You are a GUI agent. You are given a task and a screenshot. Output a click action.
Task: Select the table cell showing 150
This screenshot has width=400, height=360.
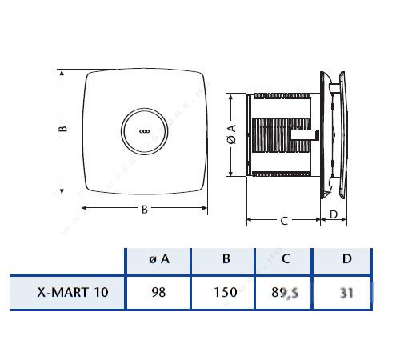point(226,292)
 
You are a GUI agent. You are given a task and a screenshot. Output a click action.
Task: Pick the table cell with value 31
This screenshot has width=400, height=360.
point(346,292)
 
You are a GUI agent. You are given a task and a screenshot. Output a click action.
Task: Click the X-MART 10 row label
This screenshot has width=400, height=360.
point(68,292)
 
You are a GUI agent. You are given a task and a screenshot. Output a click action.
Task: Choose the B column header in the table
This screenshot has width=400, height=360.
point(226,258)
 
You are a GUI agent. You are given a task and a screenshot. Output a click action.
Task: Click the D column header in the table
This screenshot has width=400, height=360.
point(346,258)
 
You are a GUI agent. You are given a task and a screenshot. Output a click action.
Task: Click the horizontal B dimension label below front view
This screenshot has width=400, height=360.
point(143,210)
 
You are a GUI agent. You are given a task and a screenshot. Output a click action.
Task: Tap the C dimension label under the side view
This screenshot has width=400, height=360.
point(283,222)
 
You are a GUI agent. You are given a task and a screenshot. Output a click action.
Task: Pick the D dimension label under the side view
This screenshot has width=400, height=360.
point(334,214)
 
